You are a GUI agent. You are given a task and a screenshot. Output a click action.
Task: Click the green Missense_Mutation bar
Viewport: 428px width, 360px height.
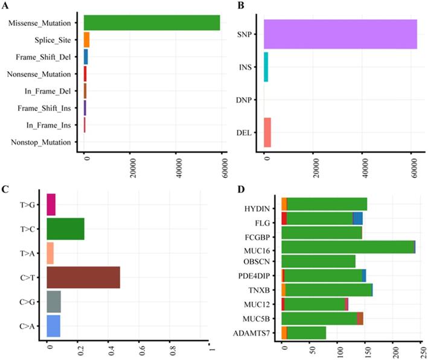click(x=152, y=23)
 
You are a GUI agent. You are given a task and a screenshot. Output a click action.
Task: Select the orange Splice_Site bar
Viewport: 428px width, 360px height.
click(x=86, y=40)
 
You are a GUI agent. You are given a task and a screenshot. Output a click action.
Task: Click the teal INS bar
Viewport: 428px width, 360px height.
click(x=266, y=67)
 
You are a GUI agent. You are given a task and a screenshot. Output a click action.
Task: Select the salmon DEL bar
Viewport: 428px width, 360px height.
click(x=267, y=133)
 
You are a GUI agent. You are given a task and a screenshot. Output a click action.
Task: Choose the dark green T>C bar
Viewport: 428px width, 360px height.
click(x=65, y=229)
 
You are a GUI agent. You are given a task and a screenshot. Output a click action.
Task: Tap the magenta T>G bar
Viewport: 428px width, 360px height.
click(x=51, y=204)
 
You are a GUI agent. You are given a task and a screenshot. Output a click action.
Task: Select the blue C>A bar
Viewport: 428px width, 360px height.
click(x=53, y=325)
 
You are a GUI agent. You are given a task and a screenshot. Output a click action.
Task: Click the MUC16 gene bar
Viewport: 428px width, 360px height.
click(x=348, y=247)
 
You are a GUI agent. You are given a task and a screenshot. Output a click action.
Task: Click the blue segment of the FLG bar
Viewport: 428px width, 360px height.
click(x=358, y=218)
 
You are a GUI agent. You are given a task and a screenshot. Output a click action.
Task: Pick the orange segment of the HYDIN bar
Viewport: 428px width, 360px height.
click(x=284, y=204)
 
